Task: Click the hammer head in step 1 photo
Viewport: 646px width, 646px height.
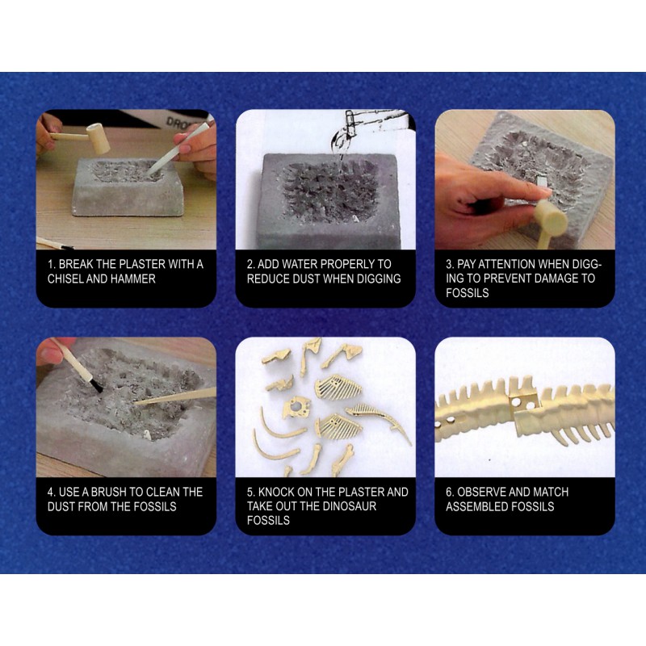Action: point(99,138)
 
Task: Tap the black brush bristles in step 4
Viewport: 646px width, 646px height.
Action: point(96,386)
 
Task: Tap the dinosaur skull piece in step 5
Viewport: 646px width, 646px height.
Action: point(295,409)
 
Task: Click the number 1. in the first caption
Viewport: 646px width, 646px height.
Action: point(51,264)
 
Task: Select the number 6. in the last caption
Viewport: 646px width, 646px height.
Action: point(450,492)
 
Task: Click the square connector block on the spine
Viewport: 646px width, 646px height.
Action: point(523,402)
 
